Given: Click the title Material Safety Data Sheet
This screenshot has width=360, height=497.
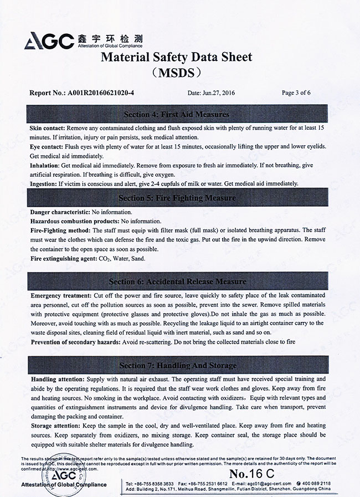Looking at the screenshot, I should coord(177,57).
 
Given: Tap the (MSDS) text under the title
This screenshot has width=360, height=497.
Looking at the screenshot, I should coord(176,72).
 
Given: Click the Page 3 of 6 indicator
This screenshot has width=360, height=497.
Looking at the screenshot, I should coord(296,93).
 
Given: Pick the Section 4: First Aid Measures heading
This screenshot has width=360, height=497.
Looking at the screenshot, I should coord(177,115).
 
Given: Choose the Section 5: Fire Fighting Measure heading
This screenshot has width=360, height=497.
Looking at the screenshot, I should coord(177,198).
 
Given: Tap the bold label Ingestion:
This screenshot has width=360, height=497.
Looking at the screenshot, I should coord(44,183).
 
